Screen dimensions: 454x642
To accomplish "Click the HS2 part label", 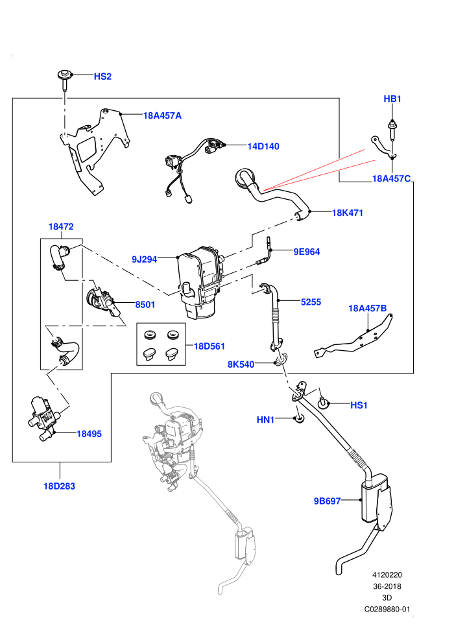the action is coord(102,77).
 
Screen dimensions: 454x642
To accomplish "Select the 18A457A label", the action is coord(162,115).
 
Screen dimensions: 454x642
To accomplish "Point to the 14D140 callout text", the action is coord(263,146).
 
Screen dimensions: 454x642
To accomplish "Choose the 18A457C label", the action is coord(391,178).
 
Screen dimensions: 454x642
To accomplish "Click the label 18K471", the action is coord(347,213).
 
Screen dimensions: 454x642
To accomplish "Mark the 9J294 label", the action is coord(144,259).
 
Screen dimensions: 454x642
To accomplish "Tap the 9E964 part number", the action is coord(307,252).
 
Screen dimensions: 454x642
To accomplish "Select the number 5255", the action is coord(311,302).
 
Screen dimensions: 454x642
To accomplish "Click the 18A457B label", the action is coord(367,308).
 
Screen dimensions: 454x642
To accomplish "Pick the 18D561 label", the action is coord(209,346).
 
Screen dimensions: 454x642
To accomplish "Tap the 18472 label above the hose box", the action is coord(61,226).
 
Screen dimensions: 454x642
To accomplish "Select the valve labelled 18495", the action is coord(43,418).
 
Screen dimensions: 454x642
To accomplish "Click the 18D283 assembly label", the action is coord(60,486).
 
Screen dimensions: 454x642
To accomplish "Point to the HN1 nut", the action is coord(299,419).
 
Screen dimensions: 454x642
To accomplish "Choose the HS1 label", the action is coord(359,405).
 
